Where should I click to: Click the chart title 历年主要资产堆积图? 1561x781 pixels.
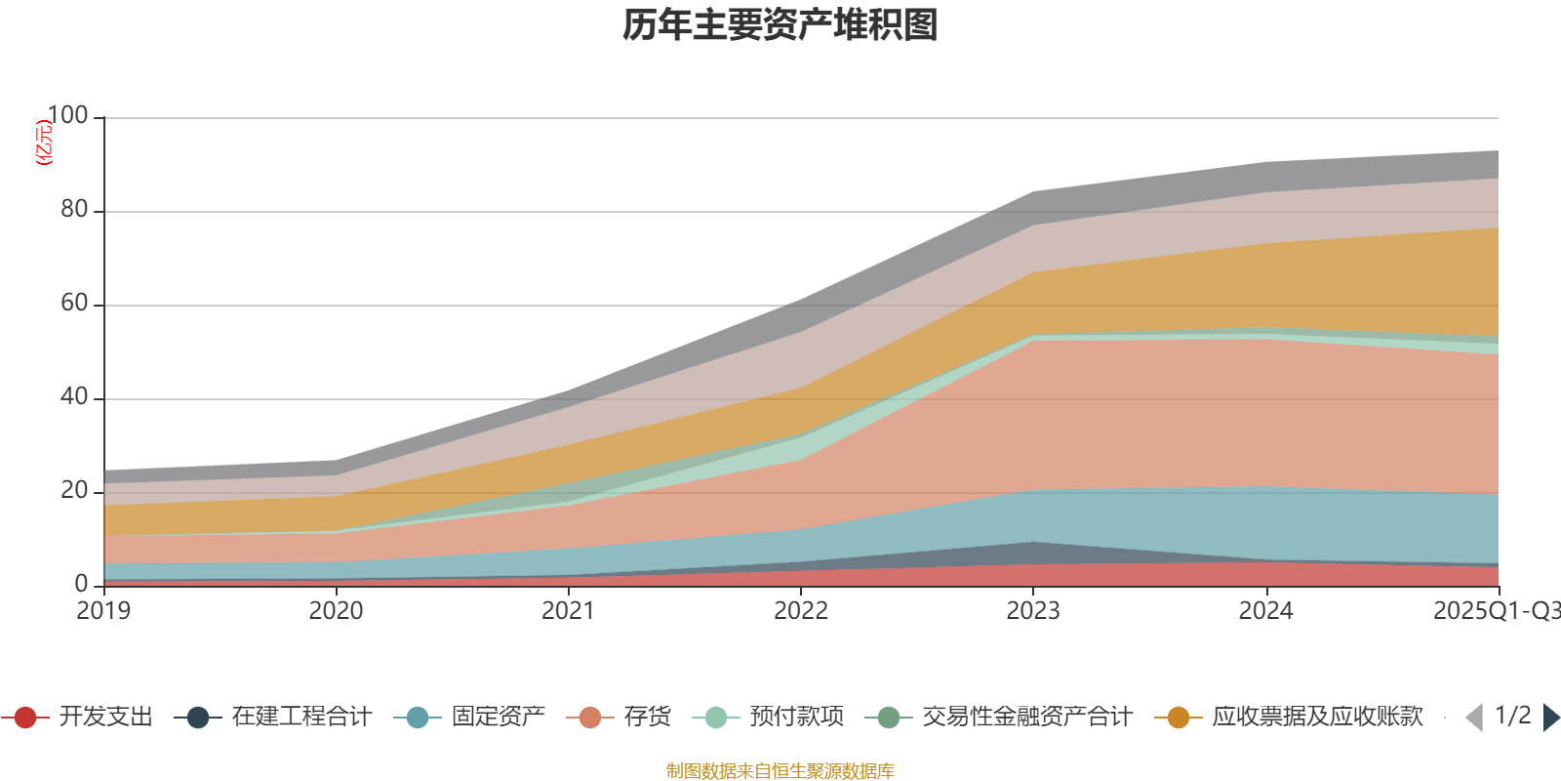[780, 25]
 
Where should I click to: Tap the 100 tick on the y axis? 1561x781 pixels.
[67, 115]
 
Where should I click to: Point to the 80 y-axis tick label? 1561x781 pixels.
[74, 209]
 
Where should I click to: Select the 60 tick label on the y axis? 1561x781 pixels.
[74, 303]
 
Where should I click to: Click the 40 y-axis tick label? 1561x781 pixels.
[74, 396]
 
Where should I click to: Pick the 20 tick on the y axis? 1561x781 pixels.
[74, 490]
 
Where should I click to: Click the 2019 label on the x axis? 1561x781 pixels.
[103, 611]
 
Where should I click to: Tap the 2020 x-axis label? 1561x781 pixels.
[336, 611]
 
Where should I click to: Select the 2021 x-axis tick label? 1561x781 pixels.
[568, 611]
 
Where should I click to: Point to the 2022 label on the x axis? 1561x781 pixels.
[801, 611]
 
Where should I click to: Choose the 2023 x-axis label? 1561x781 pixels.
[1033, 611]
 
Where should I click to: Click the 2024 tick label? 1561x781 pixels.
[1265, 611]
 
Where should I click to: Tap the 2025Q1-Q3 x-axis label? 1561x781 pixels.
[1495, 611]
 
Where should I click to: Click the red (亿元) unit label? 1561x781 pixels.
[44, 143]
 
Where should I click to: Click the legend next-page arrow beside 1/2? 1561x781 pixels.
[1550, 718]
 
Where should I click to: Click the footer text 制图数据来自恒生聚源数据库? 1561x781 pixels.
[780, 771]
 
